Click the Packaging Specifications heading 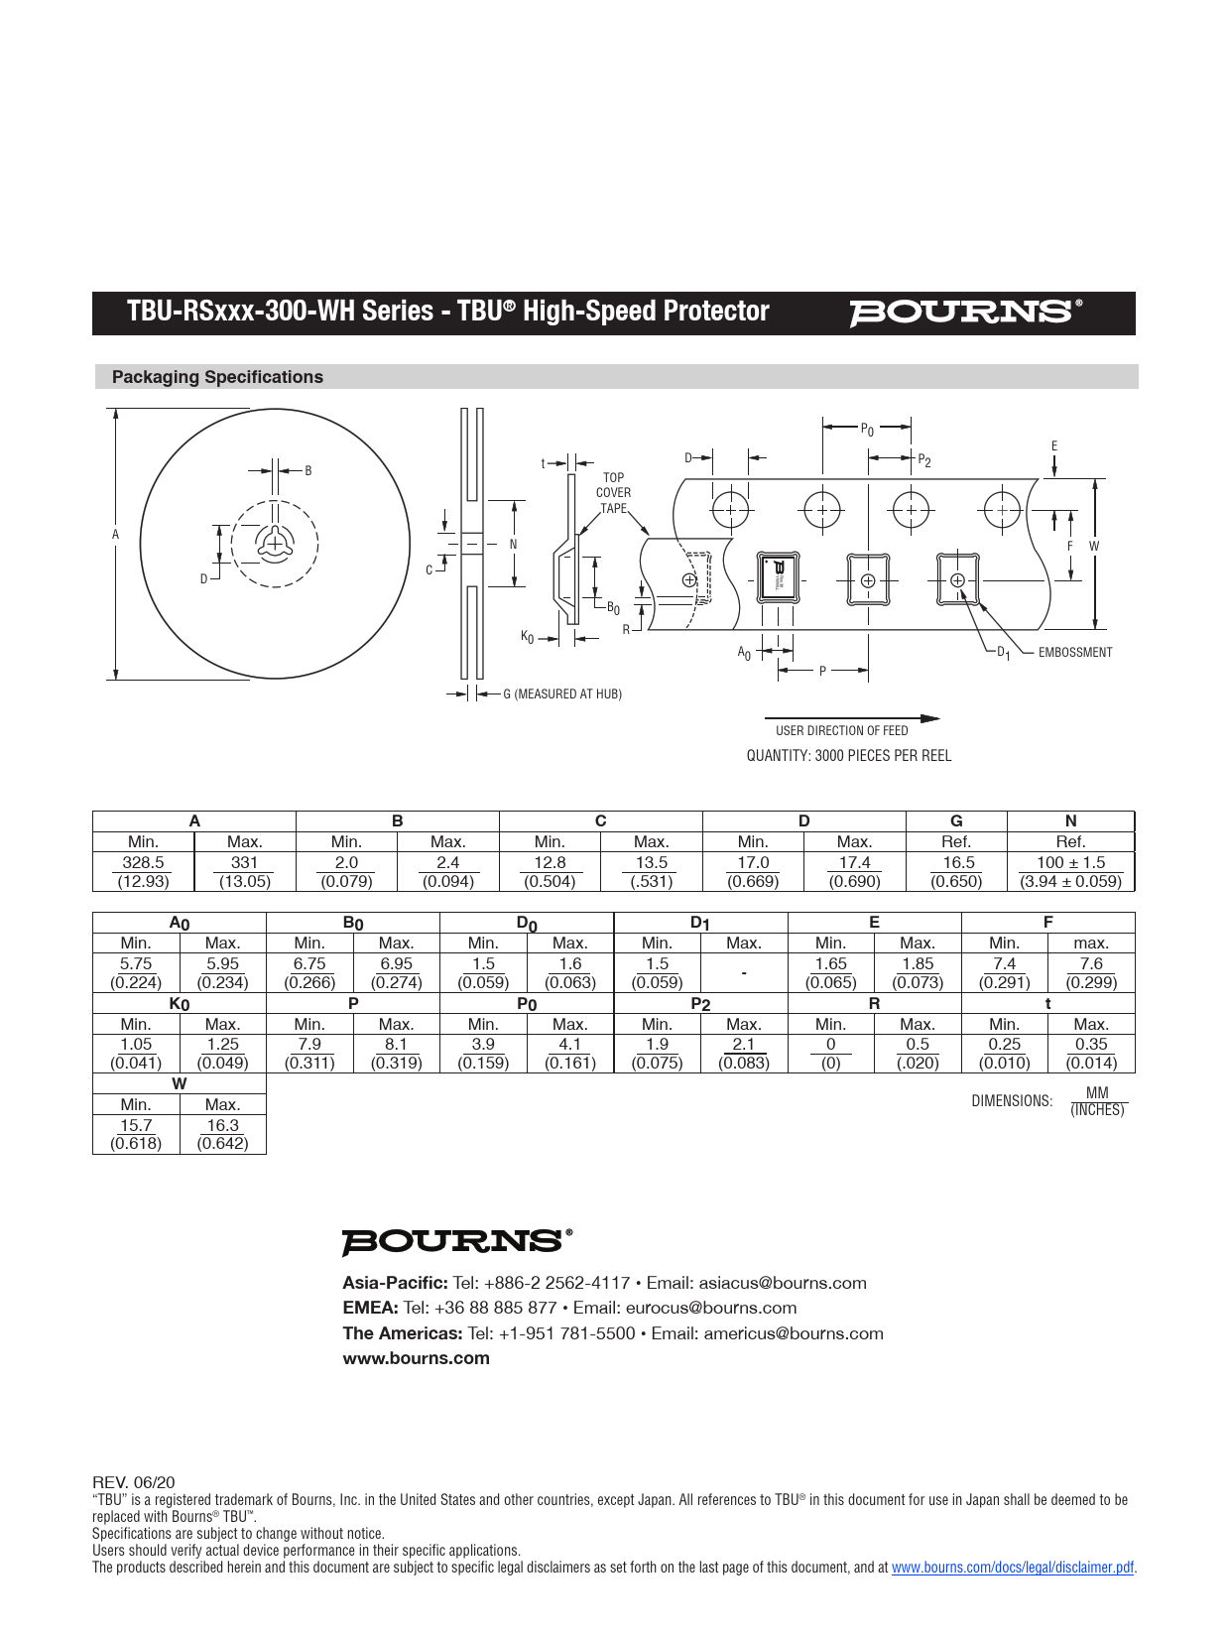click(x=217, y=377)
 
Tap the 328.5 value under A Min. click(x=143, y=863)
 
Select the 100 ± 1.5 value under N click(x=1070, y=863)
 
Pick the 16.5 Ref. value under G click(x=957, y=863)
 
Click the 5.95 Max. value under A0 click(x=222, y=964)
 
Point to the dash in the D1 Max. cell click(x=744, y=973)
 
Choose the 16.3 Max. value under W click(x=222, y=1126)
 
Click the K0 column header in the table click(x=179, y=1004)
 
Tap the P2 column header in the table click(x=700, y=1004)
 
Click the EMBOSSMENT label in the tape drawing click(x=1075, y=653)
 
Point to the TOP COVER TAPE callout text click(x=613, y=493)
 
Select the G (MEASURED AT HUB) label click(x=562, y=694)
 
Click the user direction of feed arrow click(x=851, y=718)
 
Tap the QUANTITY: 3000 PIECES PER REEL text click(x=848, y=756)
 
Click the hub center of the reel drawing click(x=275, y=544)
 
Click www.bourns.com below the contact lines click(x=416, y=1359)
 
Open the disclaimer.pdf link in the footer click(x=1012, y=1568)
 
